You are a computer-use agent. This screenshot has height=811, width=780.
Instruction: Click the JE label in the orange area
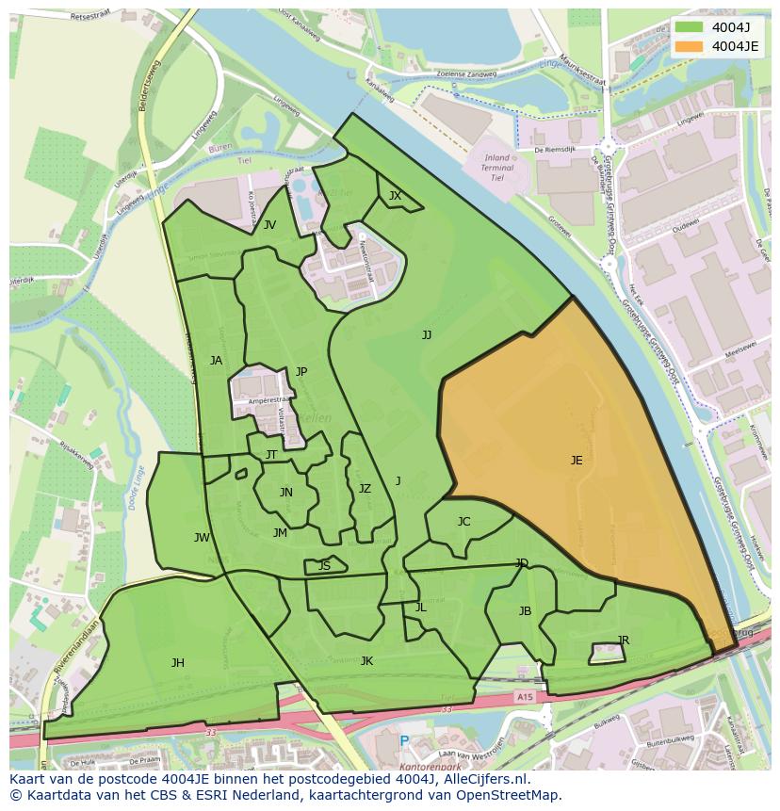coord(577,461)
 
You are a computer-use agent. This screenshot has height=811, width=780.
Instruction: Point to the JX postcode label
coord(395,196)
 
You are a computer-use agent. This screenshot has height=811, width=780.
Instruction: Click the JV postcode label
coord(269,224)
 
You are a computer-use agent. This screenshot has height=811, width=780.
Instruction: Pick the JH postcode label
coord(178,663)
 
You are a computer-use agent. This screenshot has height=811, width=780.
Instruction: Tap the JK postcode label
coord(366,661)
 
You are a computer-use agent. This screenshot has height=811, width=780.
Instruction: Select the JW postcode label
coord(202,538)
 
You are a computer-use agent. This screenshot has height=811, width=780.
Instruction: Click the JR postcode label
coord(623,641)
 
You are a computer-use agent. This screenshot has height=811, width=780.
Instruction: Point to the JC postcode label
coord(463,522)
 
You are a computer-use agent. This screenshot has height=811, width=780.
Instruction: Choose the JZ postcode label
coord(365,489)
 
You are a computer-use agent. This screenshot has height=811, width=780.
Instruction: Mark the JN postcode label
coord(285,493)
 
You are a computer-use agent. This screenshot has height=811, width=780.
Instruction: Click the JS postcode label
coord(324,566)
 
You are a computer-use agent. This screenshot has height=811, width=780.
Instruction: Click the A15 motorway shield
coord(523,696)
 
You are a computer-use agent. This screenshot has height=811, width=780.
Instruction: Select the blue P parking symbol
coord(404,742)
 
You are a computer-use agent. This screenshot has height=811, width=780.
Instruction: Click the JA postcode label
coord(216,361)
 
